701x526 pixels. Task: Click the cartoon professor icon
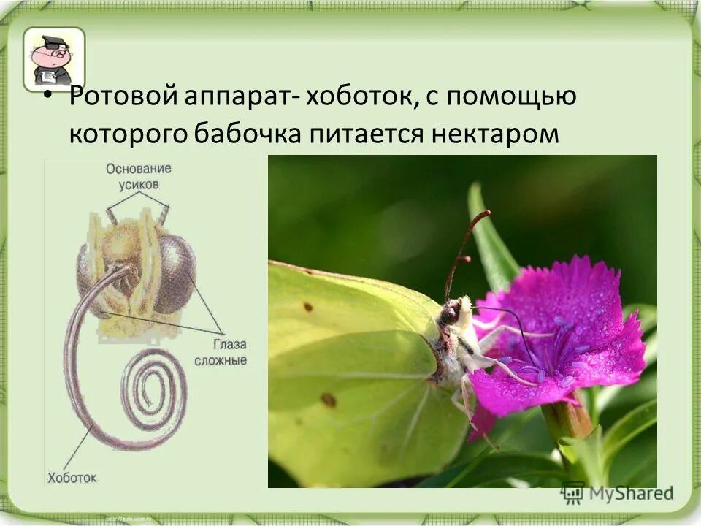(53, 58)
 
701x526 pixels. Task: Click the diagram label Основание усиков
(138, 176)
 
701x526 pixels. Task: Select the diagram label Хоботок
(72, 478)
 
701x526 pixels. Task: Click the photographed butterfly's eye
(450, 314)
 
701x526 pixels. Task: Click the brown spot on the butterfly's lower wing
(329, 400)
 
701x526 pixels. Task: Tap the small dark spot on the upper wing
(308, 307)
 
